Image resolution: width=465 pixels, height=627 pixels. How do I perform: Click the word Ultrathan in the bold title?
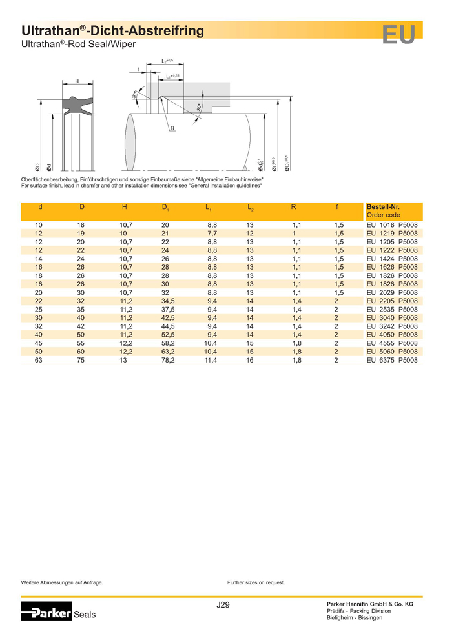(x=48, y=30)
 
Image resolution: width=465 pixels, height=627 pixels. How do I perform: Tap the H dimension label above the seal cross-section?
(x=77, y=81)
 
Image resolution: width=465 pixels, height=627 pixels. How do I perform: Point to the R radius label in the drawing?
(x=172, y=129)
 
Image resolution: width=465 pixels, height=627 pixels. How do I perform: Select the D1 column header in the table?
(x=165, y=208)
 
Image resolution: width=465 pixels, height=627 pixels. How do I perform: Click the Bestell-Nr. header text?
(x=383, y=207)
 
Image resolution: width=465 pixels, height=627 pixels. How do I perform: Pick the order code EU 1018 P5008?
(x=392, y=224)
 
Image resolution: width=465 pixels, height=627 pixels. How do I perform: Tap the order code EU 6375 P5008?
(x=392, y=361)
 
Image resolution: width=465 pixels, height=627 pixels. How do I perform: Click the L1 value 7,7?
(x=211, y=233)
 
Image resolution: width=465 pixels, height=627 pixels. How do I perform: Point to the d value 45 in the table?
(x=39, y=344)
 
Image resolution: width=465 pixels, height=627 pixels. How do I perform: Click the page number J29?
(x=223, y=605)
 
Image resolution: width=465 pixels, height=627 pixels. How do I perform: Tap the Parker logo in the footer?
(x=46, y=613)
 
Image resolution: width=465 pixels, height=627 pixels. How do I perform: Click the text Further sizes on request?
(x=256, y=582)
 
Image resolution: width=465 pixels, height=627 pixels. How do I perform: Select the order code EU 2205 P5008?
(x=392, y=301)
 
